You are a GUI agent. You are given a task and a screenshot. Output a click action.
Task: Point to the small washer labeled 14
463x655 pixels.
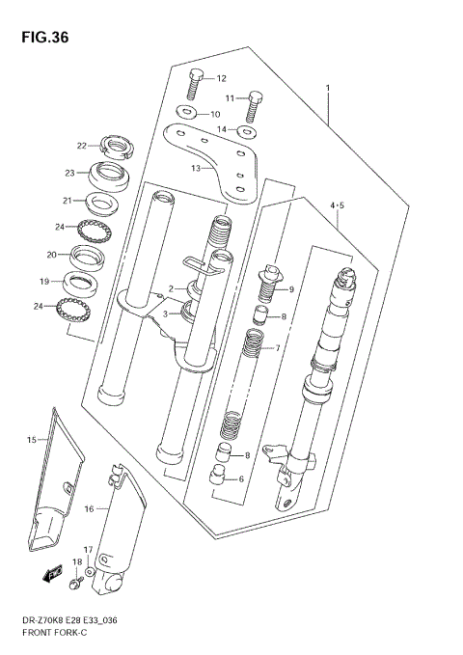(248, 129)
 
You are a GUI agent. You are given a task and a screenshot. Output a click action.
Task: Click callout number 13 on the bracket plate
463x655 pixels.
(196, 167)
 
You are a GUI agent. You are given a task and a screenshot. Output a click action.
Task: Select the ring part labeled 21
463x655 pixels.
(98, 204)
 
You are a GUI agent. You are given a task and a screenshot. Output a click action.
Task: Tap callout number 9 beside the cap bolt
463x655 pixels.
(290, 289)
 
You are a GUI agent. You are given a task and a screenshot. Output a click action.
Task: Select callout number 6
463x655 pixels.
(241, 479)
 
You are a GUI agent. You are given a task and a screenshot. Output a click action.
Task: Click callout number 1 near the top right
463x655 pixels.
(328, 88)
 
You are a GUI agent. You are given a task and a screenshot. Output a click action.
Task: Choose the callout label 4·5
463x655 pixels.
(337, 206)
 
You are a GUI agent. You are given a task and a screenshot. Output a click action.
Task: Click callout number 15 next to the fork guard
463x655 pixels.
(31, 440)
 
